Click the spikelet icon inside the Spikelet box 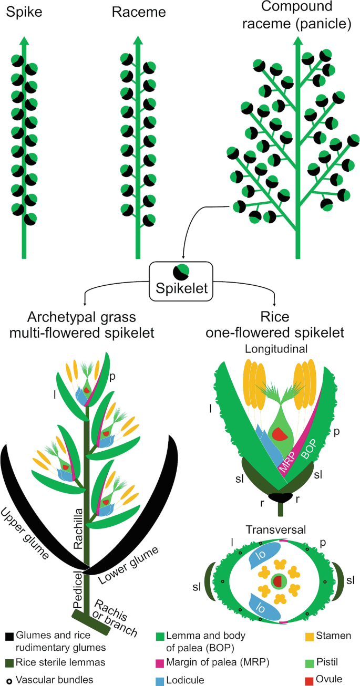pyautogui.click(x=180, y=272)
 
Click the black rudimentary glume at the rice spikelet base pyautogui.click(x=280, y=496)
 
